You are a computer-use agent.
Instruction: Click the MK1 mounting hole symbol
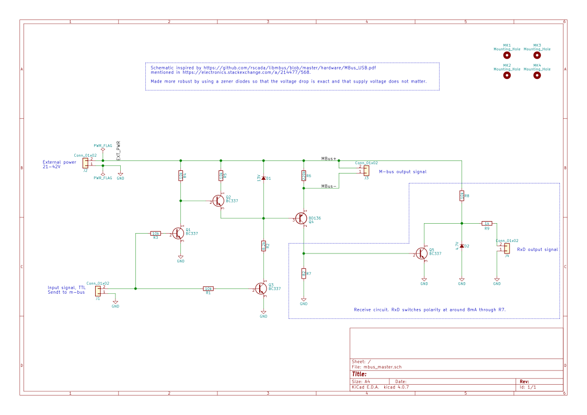[507, 55]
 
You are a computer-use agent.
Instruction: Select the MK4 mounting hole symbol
[537, 75]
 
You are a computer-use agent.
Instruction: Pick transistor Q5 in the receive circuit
[421, 253]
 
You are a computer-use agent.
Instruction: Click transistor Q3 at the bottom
[261, 288]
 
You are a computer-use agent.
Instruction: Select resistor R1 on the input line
[208, 288]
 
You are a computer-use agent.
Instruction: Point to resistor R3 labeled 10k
[155, 233]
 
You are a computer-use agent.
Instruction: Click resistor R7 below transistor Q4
[304, 273]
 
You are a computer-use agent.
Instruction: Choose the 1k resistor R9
[487, 223]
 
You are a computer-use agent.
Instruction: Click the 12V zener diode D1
[263, 178]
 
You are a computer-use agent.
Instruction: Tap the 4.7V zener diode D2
[462, 246]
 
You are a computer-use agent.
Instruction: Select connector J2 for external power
[85, 163]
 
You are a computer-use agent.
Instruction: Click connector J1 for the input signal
[98, 291]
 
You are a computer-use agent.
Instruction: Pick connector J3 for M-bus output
[366, 170]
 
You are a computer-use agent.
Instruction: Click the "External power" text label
[59, 162]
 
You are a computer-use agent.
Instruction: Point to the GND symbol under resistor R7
[304, 301]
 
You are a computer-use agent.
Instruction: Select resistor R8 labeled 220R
[304, 175]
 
